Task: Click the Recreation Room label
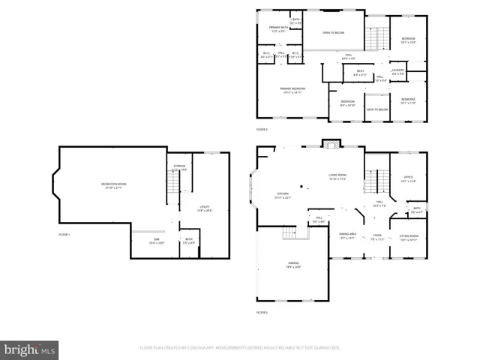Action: point(114,185)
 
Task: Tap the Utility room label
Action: point(204,208)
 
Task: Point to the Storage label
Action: point(179,167)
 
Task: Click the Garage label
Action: point(293,264)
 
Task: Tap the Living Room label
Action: point(337,177)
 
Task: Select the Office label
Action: point(408,179)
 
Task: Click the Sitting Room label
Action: point(408,238)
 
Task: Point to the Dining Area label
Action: point(347,235)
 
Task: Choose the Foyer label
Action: point(376,238)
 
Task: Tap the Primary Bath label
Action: point(277,29)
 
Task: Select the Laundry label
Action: point(397,72)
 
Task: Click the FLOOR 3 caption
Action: point(262,130)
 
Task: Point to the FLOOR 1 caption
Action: point(64,235)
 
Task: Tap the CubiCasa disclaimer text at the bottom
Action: point(240,348)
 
